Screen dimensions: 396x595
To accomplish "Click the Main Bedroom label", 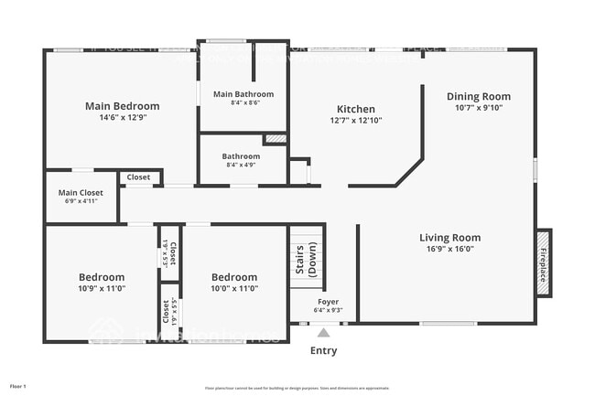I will [122, 106].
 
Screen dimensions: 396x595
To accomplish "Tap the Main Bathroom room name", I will [243, 94].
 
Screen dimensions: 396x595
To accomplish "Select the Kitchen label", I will [355, 107].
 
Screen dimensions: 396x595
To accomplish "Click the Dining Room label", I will [478, 96].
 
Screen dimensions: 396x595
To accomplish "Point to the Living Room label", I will [449, 238].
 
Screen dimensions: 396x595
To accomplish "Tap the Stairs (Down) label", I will [306, 260].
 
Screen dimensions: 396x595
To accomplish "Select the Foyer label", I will [328, 301].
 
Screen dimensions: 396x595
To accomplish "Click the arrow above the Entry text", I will [323, 332].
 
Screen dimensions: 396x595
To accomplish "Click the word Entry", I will [323, 350].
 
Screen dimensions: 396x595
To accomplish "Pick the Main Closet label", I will [81, 193].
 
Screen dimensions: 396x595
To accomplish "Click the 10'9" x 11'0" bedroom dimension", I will [101, 288].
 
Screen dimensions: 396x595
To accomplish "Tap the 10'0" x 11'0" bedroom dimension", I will [234, 288].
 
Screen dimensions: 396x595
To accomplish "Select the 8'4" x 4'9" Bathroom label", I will [241, 156].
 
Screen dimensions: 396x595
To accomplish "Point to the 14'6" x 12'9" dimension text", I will [122, 118].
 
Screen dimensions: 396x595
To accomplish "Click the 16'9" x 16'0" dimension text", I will [449, 249].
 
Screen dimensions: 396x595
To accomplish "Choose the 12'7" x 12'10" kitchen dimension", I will [355, 119].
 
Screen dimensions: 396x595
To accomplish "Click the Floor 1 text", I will [18, 387].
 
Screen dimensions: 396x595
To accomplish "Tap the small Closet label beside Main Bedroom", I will [139, 177].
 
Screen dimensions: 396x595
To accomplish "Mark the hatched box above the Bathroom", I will [276, 138].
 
